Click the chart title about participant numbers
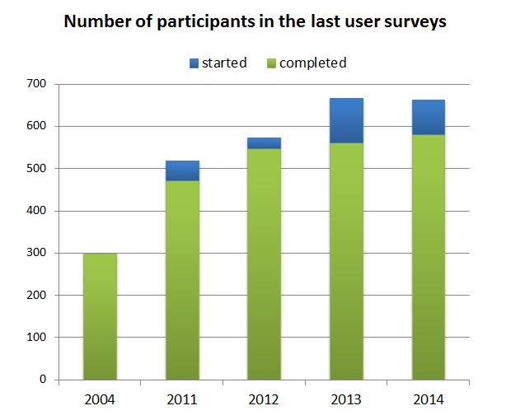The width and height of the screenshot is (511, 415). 255,22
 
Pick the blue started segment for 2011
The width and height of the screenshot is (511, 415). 182,170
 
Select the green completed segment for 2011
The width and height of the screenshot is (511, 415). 182,280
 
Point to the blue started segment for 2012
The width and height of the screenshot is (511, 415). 265,143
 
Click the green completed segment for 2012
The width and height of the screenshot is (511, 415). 265,263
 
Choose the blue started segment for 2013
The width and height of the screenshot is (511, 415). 346,120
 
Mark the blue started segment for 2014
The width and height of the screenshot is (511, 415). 429,117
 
